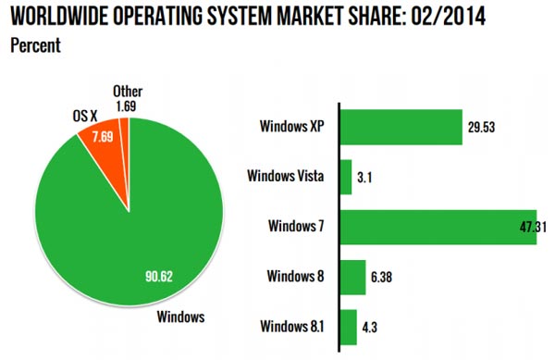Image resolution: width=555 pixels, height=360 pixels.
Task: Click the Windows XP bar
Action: tap(401, 127)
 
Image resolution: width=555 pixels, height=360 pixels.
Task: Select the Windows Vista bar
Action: tap(346, 176)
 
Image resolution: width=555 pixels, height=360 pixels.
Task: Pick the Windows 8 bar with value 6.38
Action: tap(353, 276)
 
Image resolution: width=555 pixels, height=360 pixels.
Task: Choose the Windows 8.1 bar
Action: tap(349, 326)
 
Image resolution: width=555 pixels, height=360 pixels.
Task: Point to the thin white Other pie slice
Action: tap(129, 139)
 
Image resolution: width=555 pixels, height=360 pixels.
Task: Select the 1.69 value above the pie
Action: tap(125, 106)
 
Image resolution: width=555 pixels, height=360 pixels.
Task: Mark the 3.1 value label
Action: tap(367, 177)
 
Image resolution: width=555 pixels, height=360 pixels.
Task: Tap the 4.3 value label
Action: tap(371, 327)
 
